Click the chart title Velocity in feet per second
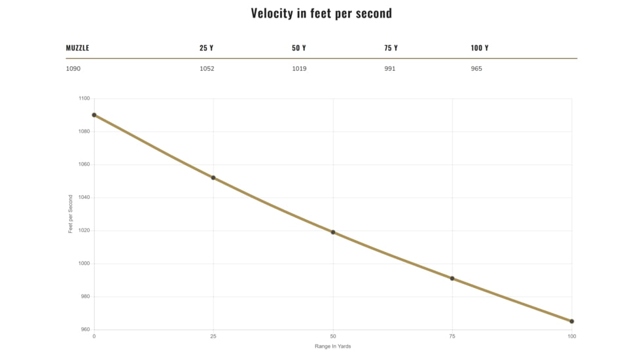point(321,14)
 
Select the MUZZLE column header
point(78,48)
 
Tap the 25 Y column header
point(207,48)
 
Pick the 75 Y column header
point(391,48)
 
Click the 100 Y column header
point(480,48)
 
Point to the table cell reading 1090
point(73,69)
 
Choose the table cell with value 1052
point(207,69)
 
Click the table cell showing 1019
point(299,69)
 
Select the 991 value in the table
point(390,69)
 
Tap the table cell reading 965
point(476,69)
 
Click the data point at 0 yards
point(94,115)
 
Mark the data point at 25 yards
point(213,178)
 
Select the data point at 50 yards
point(333,232)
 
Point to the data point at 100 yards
point(572,321)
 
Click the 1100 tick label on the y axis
point(84,98)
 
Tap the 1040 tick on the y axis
point(84,198)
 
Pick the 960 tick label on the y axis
point(85,329)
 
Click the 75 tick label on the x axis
point(452,336)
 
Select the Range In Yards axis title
point(332,346)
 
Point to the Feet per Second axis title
point(70,214)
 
